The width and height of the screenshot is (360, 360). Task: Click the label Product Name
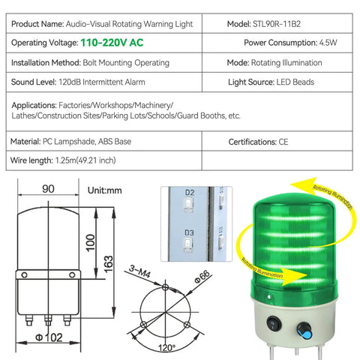[x=38, y=25]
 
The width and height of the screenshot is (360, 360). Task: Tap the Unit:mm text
[x=104, y=190]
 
